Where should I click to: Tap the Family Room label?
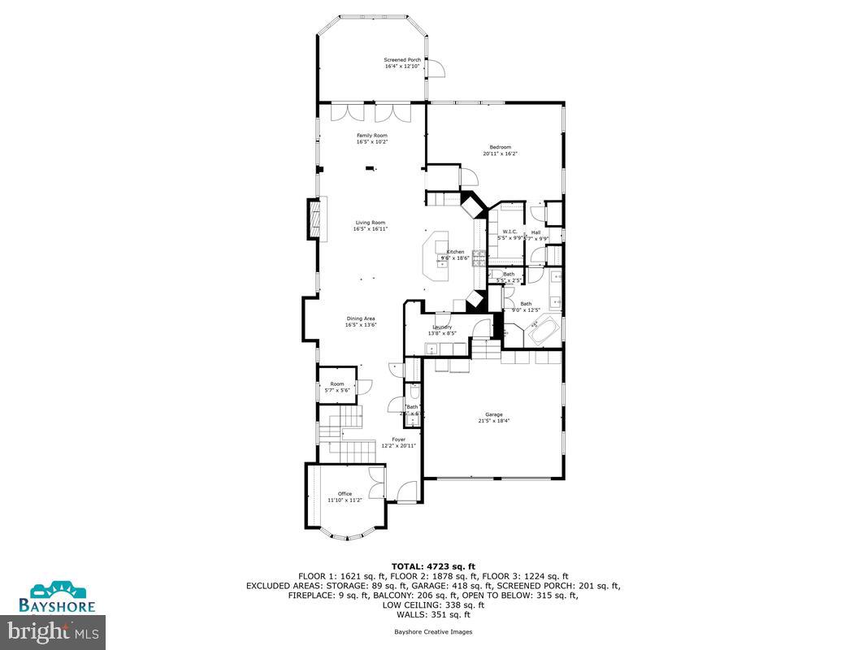click(x=371, y=136)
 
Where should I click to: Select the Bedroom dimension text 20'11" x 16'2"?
click(x=500, y=154)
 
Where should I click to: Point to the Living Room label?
click(x=370, y=223)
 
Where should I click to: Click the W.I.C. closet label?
click(x=509, y=232)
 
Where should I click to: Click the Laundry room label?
click(x=442, y=327)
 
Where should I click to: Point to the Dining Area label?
click(x=361, y=318)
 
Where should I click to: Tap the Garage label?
click(x=490, y=415)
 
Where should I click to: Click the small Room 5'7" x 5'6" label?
click(x=336, y=384)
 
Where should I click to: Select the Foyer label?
click(x=398, y=440)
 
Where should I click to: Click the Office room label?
click(x=345, y=494)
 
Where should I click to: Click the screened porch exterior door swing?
click(x=437, y=69)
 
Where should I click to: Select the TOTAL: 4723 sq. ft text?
click(x=433, y=565)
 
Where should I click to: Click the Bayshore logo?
click(x=58, y=596)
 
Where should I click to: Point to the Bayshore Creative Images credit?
click(x=433, y=631)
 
